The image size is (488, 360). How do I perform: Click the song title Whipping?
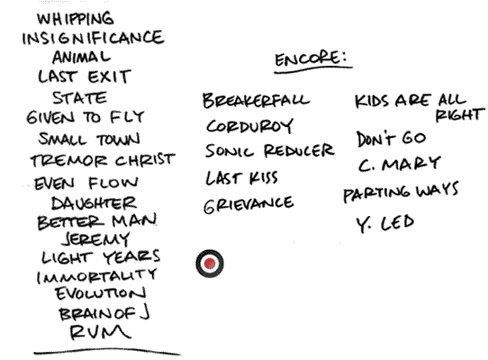click(76, 19)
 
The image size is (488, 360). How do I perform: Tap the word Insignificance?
click(93, 38)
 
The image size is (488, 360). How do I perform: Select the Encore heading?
click(311, 59)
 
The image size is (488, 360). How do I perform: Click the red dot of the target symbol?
click(210, 264)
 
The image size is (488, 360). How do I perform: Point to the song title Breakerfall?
click(256, 100)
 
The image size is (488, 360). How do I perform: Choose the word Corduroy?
click(249, 126)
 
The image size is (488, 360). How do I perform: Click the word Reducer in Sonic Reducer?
click(299, 150)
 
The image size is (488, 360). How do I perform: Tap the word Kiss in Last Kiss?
click(263, 177)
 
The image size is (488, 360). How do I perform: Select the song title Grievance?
click(249, 204)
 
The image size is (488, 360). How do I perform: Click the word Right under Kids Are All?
click(460, 115)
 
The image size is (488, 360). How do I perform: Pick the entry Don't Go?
click(391, 139)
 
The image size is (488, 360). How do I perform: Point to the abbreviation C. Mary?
click(399, 164)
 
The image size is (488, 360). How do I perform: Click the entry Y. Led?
click(385, 223)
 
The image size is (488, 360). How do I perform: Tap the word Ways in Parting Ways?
click(438, 190)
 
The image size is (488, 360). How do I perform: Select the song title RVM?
click(100, 332)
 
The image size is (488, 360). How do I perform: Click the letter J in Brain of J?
click(144, 312)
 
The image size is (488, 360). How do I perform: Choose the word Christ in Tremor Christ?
click(145, 160)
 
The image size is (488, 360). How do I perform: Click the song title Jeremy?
click(95, 239)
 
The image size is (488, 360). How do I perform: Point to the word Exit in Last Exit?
click(109, 76)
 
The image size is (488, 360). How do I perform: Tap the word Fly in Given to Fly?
click(127, 117)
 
